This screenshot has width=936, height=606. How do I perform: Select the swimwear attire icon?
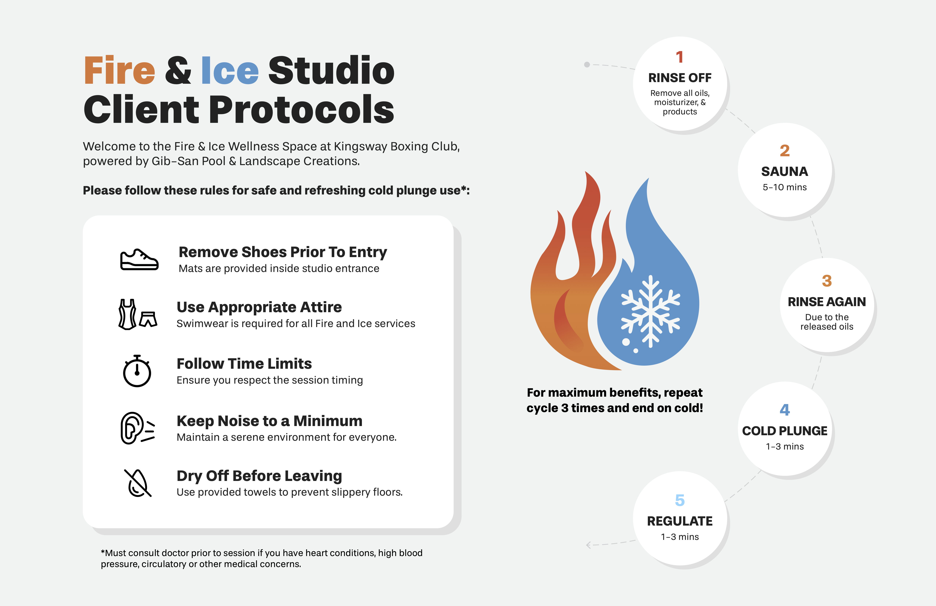coord(138,314)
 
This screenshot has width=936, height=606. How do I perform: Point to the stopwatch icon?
coord(137,371)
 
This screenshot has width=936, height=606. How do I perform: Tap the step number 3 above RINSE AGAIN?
coord(827,281)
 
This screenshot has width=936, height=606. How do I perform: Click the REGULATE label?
coord(680,521)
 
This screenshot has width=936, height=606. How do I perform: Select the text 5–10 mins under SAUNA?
coord(785,187)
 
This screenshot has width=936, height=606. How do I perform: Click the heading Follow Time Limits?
coord(244,364)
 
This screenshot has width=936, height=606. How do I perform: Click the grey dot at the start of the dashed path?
coord(587,64)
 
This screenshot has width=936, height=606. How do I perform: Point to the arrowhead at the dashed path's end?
coord(588,545)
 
